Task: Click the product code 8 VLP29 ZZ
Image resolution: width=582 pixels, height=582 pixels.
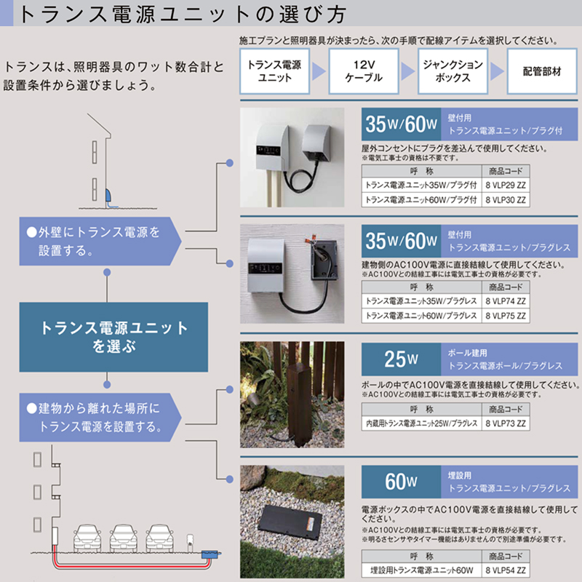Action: point(507,186)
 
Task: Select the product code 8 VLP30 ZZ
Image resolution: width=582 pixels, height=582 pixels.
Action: point(507,199)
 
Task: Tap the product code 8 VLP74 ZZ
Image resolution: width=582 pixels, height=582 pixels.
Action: point(507,301)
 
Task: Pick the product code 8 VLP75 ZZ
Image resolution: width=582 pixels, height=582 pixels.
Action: point(507,316)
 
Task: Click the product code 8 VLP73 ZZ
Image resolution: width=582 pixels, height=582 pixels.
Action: point(507,422)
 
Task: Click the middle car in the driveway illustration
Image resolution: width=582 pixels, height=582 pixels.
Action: point(123,537)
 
